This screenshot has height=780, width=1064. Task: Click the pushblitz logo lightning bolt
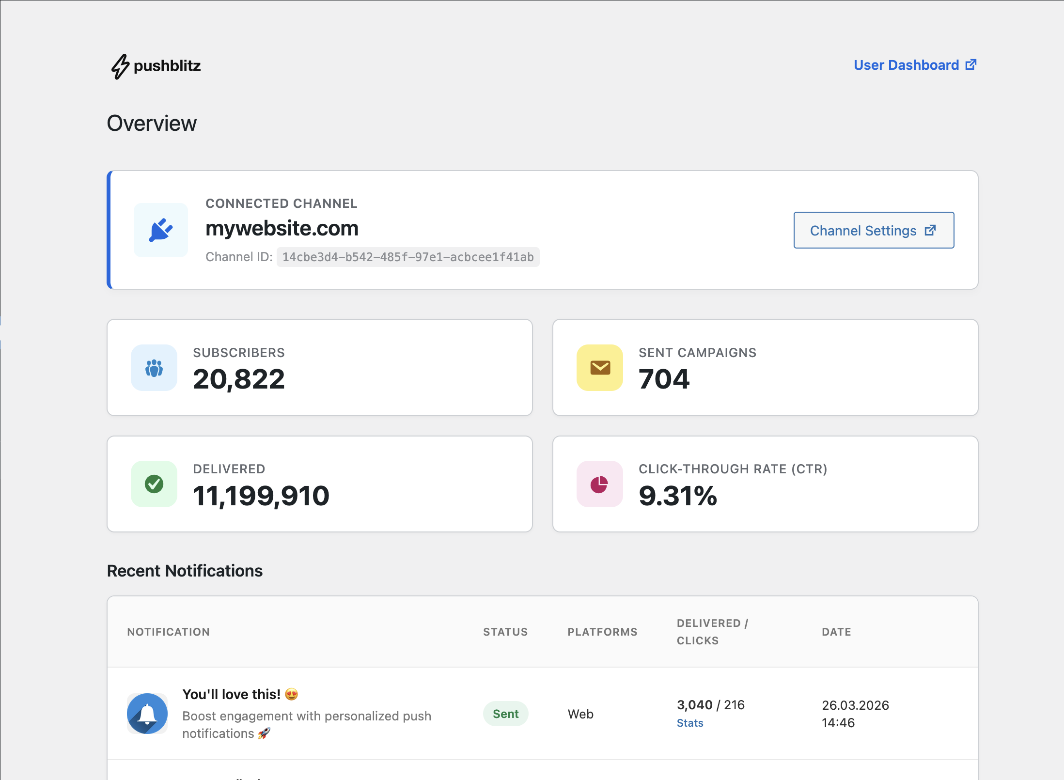[x=120, y=66]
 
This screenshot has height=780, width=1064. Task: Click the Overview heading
[x=152, y=123]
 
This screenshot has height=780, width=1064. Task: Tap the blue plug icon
[x=161, y=230]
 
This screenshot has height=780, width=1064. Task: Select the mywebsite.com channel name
[x=282, y=228]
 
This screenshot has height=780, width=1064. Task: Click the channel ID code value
[x=408, y=257]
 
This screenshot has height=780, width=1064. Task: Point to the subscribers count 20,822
[x=239, y=379]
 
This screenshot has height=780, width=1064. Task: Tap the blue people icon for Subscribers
[x=154, y=368]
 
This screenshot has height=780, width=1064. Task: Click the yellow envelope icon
[x=600, y=368]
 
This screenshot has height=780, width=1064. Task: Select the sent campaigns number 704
[x=664, y=379]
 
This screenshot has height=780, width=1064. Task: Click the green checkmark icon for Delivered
[x=154, y=484]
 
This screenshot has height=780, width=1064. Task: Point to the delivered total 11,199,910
[x=261, y=496]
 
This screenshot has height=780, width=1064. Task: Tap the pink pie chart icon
[x=599, y=484]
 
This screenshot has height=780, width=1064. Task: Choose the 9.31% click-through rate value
[x=678, y=496]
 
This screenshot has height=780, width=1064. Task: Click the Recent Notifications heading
[x=185, y=571]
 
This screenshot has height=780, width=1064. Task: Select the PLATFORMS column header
[x=602, y=632]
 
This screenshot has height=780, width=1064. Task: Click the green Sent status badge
[x=505, y=714]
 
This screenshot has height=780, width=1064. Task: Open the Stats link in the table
[x=690, y=723]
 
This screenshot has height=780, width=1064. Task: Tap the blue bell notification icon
[x=147, y=714]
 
